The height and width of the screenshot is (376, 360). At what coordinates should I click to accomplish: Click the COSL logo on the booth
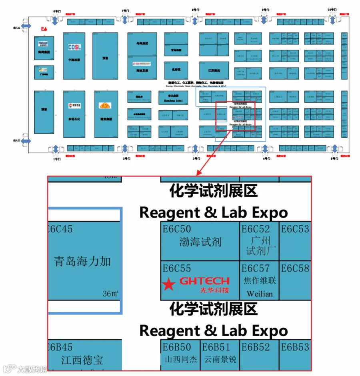click(74, 47)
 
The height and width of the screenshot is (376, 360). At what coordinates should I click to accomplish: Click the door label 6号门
click(55, 10)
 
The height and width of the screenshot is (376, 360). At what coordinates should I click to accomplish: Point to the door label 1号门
click(57, 159)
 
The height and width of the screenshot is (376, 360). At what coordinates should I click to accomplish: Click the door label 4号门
click(266, 159)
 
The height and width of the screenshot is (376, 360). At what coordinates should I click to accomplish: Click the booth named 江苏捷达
click(214, 70)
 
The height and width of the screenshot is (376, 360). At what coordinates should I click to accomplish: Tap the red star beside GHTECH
click(169, 284)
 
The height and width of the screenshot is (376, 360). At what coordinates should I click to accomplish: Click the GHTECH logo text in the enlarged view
click(204, 281)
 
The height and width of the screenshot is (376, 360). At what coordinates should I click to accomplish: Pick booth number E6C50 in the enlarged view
click(177, 229)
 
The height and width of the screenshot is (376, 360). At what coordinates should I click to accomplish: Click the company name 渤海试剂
click(200, 242)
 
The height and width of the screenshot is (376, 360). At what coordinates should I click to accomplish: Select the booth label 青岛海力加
click(82, 262)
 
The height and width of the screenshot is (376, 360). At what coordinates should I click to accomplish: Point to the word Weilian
click(260, 294)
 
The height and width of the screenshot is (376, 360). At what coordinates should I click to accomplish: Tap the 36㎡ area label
click(110, 294)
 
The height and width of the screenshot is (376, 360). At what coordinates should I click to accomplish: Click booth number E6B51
click(216, 347)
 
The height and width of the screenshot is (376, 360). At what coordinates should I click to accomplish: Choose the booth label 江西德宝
click(82, 360)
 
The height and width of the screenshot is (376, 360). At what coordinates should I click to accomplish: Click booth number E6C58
click(295, 268)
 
